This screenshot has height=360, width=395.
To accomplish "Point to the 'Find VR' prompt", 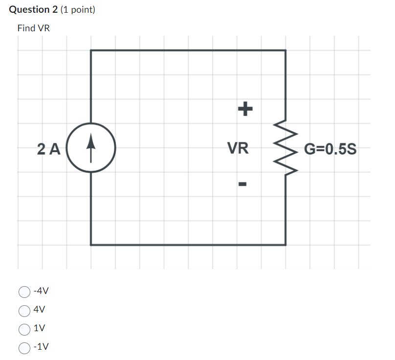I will [x=33, y=28].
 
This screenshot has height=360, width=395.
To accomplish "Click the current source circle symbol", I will [x=90, y=147].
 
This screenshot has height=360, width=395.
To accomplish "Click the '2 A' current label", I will [x=48, y=148].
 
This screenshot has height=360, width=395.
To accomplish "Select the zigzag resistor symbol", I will [x=286, y=147].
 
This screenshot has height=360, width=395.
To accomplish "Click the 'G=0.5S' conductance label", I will [x=330, y=148].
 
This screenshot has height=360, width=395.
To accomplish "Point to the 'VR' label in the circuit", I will [x=238, y=148].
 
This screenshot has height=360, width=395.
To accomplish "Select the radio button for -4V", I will [x=24, y=292].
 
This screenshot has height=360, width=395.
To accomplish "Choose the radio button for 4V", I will [x=24, y=310].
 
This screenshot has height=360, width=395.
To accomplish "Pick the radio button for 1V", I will [x=24, y=329].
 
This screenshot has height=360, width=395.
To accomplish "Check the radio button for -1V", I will [x=24, y=347].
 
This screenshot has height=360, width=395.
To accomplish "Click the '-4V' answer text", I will [x=41, y=292].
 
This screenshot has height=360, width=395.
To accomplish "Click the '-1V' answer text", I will [x=41, y=347].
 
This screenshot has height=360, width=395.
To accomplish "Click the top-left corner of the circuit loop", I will [x=91, y=50].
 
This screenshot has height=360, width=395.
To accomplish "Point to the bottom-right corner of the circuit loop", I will [x=285, y=244].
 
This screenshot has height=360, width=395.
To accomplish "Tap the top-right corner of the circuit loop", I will [x=285, y=50].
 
